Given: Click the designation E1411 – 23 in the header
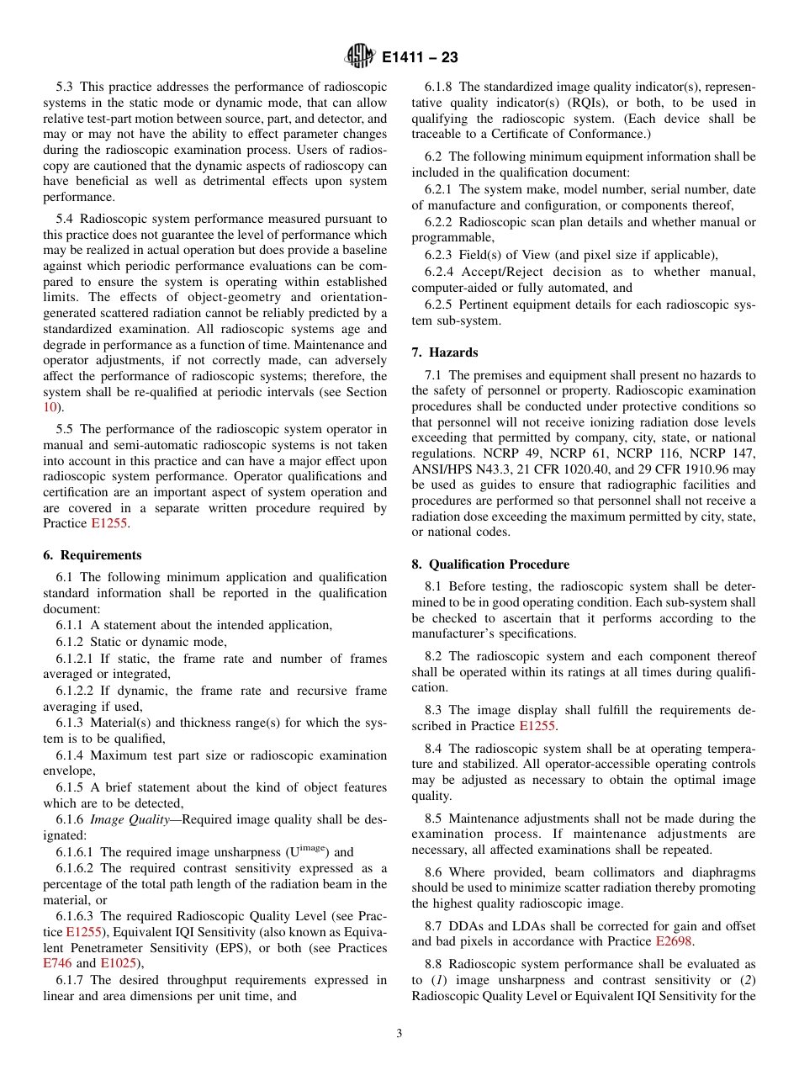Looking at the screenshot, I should (420, 58).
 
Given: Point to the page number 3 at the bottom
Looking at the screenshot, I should (399, 1034).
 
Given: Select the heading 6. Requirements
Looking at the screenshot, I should (93, 555).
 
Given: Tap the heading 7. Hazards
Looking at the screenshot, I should (445, 352).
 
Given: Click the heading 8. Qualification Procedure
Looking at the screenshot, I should (490, 564).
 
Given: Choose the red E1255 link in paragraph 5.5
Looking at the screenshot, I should (109, 523).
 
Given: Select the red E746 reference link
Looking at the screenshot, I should (56, 963).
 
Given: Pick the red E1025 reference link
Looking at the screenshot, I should (117, 963).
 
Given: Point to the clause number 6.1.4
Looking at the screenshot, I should (70, 755).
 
